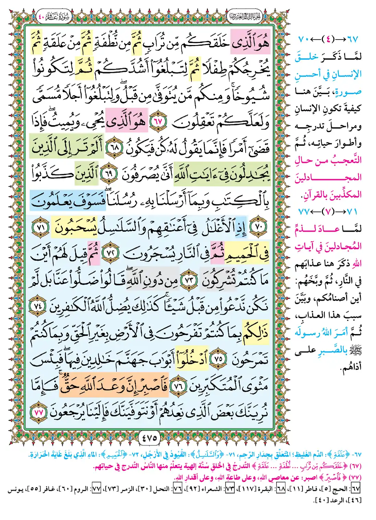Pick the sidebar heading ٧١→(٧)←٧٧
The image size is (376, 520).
328,212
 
